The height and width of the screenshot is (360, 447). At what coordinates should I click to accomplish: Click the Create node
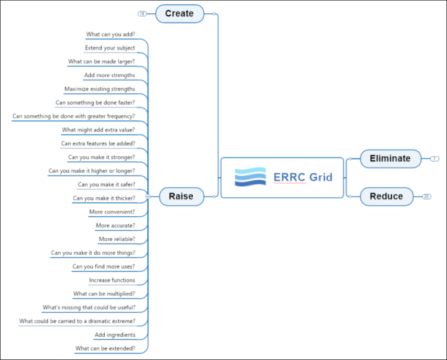click(x=179, y=13)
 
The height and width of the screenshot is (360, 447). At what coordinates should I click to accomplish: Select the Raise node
click(x=180, y=197)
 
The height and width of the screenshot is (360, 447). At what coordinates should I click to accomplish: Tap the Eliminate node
click(x=390, y=158)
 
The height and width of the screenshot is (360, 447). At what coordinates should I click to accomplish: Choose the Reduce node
click(x=386, y=197)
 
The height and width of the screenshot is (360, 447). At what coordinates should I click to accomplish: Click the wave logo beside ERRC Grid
click(x=250, y=177)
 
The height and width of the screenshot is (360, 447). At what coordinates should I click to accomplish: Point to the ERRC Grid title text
click(x=303, y=177)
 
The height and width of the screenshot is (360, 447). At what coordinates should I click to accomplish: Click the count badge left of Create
click(x=142, y=13)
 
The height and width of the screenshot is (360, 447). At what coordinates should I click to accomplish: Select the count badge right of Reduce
click(x=427, y=197)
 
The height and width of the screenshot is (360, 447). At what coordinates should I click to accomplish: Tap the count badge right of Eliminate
click(x=435, y=158)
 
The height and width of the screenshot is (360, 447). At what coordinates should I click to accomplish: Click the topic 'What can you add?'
click(x=111, y=34)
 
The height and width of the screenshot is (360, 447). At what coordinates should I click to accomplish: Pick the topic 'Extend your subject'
click(x=110, y=48)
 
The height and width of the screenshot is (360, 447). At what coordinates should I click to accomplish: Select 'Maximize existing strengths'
click(x=100, y=89)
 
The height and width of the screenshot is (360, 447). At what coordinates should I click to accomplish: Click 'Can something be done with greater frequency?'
click(x=73, y=116)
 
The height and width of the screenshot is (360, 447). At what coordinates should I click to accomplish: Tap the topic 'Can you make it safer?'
click(x=107, y=184)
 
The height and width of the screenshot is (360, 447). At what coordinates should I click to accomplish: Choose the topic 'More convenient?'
click(x=112, y=212)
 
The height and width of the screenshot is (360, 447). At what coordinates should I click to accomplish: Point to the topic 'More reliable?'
click(x=117, y=239)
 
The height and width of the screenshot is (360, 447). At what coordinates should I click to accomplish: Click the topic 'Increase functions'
click(x=112, y=280)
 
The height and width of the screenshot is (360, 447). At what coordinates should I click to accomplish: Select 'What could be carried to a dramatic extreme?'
click(x=77, y=321)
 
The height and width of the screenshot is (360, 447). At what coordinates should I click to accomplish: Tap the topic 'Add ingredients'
click(x=115, y=335)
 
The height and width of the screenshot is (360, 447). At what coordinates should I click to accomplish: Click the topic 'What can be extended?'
click(x=105, y=348)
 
